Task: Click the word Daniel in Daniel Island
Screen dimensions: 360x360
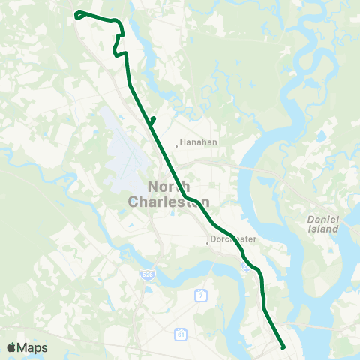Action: click(x=324, y=218)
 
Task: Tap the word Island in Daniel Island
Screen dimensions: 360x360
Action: click(x=323, y=229)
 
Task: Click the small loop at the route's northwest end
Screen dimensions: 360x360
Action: click(x=79, y=14)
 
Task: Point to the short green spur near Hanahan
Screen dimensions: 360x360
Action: click(x=152, y=121)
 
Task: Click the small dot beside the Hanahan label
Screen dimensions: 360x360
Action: click(x=176, y=145)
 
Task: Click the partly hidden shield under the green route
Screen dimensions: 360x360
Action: click(x=245, y=264)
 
